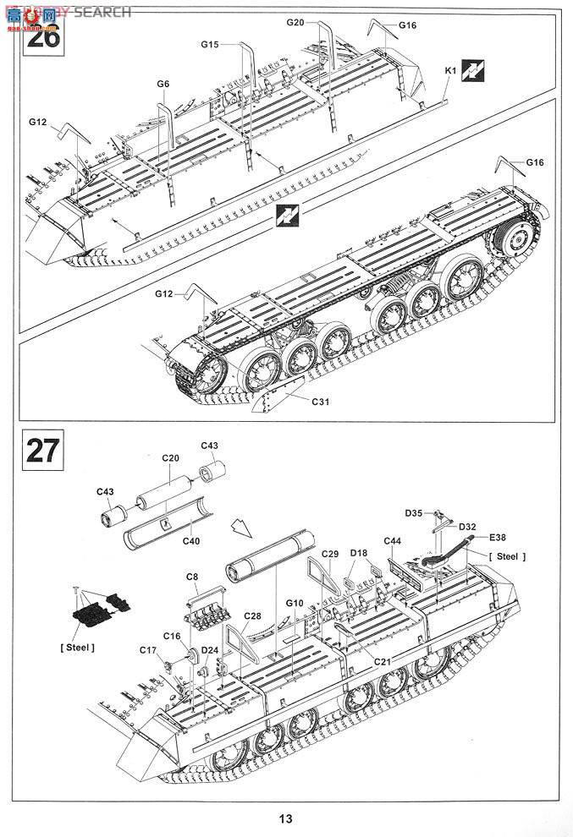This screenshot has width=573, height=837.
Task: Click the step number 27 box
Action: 43,449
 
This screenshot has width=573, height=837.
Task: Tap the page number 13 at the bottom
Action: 285,818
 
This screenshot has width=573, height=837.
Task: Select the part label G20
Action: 295,22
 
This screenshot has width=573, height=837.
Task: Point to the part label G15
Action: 210,44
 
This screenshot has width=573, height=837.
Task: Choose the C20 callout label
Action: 171,457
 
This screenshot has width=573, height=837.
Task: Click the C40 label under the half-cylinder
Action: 191,541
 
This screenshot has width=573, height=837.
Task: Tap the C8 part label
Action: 192,577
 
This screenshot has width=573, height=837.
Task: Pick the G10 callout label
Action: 295,603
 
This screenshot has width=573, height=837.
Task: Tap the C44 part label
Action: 392,541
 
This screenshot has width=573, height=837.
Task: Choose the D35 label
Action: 413,512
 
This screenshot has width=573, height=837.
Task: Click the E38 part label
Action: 497,537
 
